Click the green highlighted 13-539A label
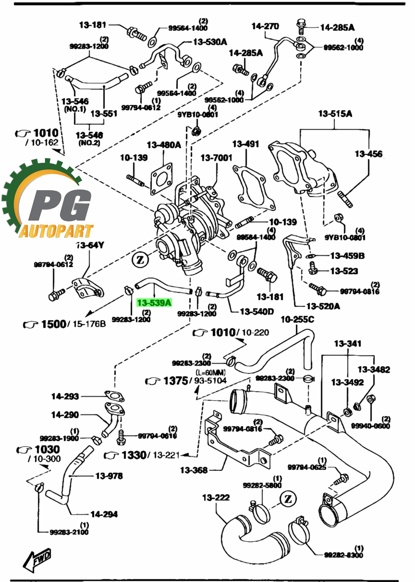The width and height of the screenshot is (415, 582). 154,303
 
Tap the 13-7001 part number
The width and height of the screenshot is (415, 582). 216,158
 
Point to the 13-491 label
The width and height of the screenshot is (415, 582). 246,144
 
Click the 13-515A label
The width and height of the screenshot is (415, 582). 335,114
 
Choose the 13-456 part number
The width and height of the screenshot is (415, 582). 369,154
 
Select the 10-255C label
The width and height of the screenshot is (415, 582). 297,319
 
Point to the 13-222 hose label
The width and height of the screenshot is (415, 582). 216,497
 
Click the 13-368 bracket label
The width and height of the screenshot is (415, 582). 194,470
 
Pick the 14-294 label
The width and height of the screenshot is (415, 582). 104,514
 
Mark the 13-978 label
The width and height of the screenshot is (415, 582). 109,476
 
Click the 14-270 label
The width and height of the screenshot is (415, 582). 265,26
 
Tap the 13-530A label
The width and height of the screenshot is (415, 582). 210,42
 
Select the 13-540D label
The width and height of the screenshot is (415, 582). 257,312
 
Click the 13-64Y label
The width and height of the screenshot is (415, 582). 90,245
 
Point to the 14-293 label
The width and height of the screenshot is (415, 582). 65,396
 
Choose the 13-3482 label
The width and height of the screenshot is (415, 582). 373,369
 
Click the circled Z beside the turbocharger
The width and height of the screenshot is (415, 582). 140,260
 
